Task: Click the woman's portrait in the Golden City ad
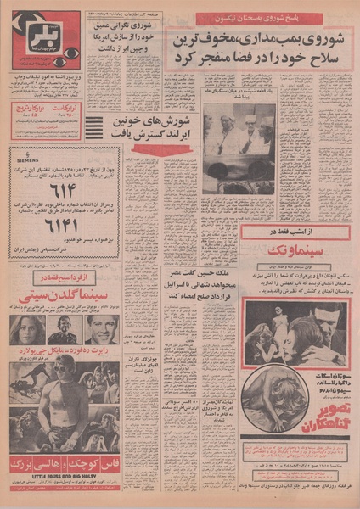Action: (x=27, y=330)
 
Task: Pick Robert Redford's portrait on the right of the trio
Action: (x=101, y=329)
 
